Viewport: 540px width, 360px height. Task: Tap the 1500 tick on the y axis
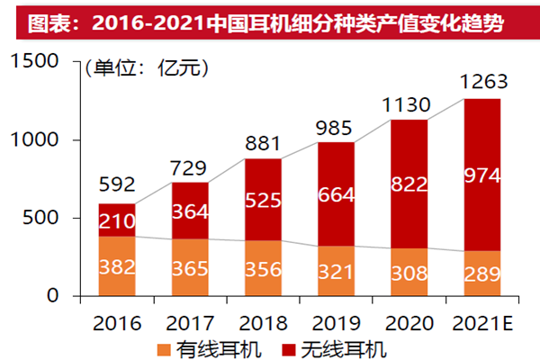(35, 62)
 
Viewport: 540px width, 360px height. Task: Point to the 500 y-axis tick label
(40, 218)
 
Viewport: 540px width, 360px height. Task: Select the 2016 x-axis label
(114, 322)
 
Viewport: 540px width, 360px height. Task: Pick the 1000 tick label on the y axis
(35, 140)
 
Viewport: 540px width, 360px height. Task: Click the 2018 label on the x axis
(263, 322)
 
